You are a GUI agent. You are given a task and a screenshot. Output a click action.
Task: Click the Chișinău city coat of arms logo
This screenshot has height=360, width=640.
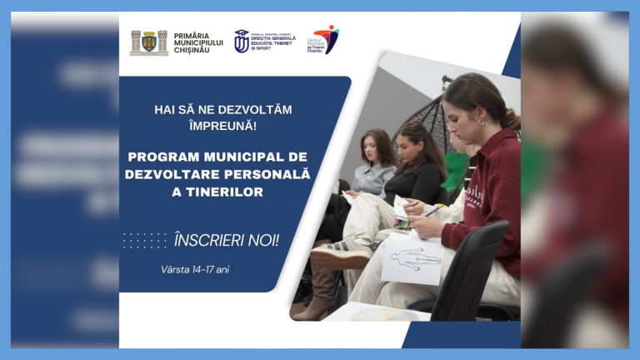tap(149, 42)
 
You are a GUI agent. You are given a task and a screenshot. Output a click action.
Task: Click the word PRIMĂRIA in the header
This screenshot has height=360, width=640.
tap(192, 36)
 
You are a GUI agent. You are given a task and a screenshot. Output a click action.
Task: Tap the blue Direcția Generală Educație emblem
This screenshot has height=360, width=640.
tap(242, 41)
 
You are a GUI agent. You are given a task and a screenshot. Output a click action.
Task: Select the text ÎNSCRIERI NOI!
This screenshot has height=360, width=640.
tap(227, 241)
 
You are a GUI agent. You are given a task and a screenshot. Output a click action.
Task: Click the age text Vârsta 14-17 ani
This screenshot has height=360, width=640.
tap(195, 269)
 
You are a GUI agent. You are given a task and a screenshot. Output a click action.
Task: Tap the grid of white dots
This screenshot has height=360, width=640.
tap(144, 241)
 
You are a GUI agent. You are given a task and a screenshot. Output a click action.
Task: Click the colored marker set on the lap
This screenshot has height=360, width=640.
tap(402, 222)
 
